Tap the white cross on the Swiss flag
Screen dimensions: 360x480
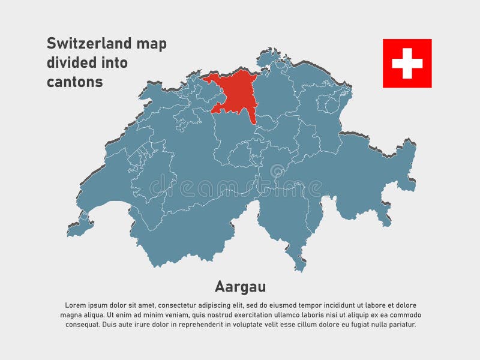tap(407, 63)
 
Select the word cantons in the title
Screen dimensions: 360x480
tap(75, 82)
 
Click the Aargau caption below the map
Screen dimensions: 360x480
tap(240, 286)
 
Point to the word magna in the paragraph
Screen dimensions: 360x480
tap(72, 315)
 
